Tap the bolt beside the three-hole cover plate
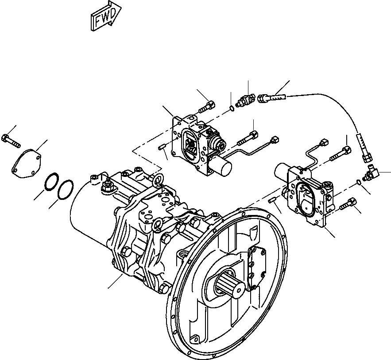[11, 139]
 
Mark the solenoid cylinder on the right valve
[282, 171]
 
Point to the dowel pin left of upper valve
[162, 146]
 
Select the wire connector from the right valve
[324, 143]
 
